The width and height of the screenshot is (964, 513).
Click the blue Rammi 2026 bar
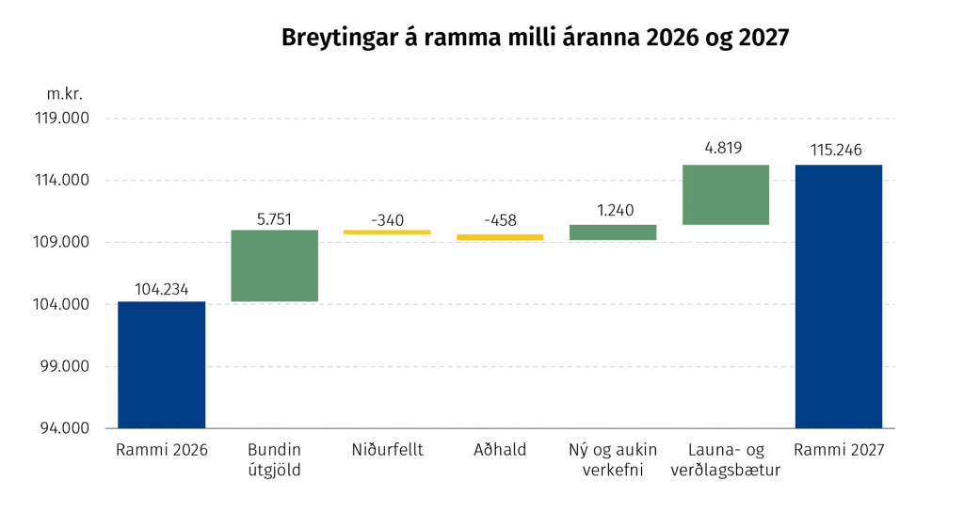(162, 365)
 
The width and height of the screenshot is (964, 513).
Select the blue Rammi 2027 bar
(839, 297)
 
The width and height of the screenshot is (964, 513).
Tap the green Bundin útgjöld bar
(274, 265)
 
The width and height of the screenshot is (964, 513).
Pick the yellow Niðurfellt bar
(387, 232)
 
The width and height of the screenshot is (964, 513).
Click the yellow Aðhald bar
(500, 237)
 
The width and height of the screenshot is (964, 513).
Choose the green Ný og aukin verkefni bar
(613, 232)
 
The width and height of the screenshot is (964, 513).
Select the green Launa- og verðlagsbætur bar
(726, 195)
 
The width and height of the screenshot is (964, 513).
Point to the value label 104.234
(162, 289)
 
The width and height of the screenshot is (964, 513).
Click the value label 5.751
(274, 219)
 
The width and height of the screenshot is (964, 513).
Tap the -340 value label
(387, 220)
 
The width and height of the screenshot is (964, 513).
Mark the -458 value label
(500, 220)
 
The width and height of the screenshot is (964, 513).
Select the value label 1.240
(616, 210)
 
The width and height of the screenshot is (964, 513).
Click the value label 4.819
(724, 148)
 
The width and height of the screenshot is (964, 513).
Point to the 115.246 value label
(836, 150)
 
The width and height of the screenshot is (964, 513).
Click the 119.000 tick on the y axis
(62, 118)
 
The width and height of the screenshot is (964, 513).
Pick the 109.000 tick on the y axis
(62, 242)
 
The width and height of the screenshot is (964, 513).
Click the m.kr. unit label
(65, 94)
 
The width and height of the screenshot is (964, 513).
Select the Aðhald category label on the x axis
(500, 450)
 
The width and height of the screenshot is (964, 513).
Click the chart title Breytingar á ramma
(535, 38)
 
